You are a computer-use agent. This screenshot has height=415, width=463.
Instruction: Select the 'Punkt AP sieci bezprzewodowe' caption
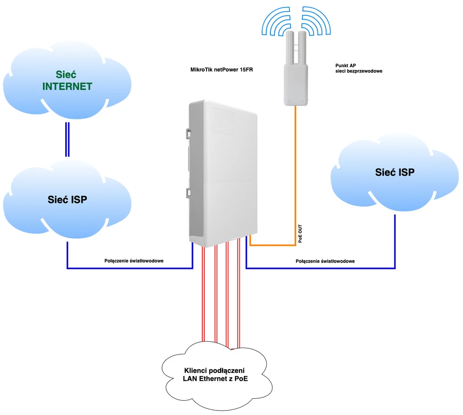[x=358, y=69]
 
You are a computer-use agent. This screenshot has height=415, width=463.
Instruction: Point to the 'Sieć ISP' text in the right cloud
[x=394, y=172]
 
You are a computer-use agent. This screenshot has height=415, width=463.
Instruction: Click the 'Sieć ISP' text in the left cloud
[x=68, y=200]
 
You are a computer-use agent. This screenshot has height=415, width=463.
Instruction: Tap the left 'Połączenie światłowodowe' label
[x=134, y=261]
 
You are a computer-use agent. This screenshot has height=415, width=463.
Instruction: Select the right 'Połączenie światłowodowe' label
[x=325, y=261]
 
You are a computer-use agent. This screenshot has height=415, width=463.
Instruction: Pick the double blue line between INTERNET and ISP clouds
[x=67, y=139]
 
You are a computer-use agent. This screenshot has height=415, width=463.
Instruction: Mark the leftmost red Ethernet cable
[x=204, y=296]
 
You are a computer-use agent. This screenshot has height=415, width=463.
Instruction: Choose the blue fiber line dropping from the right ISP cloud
[x=395, y=241]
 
